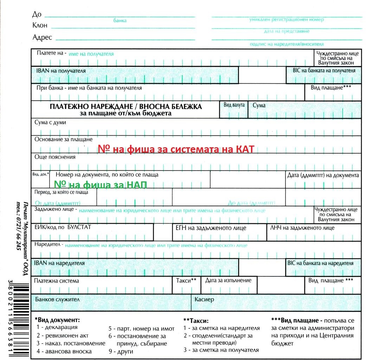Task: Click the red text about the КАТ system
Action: [176, 149]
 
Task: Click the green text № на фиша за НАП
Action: [100, 185]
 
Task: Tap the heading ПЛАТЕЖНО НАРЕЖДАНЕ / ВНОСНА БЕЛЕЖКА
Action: [125, 107]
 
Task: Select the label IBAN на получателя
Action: [61, 71]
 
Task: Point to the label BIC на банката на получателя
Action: [324, 70]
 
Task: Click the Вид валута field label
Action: [234, 105]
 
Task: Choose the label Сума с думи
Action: [50, 123]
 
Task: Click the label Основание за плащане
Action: [63, 140]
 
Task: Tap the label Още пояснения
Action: [55, 157]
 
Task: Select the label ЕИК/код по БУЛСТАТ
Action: [63, 227]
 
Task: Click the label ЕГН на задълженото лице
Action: [211, 228]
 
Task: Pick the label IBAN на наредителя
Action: [59, 263]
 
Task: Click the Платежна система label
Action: [57, 281]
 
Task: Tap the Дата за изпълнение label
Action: [228, 281]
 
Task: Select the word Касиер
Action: [204, 300]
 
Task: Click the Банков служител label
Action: [57, 300]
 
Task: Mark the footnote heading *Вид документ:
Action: [57, 320]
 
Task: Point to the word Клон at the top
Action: [40, 26]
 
